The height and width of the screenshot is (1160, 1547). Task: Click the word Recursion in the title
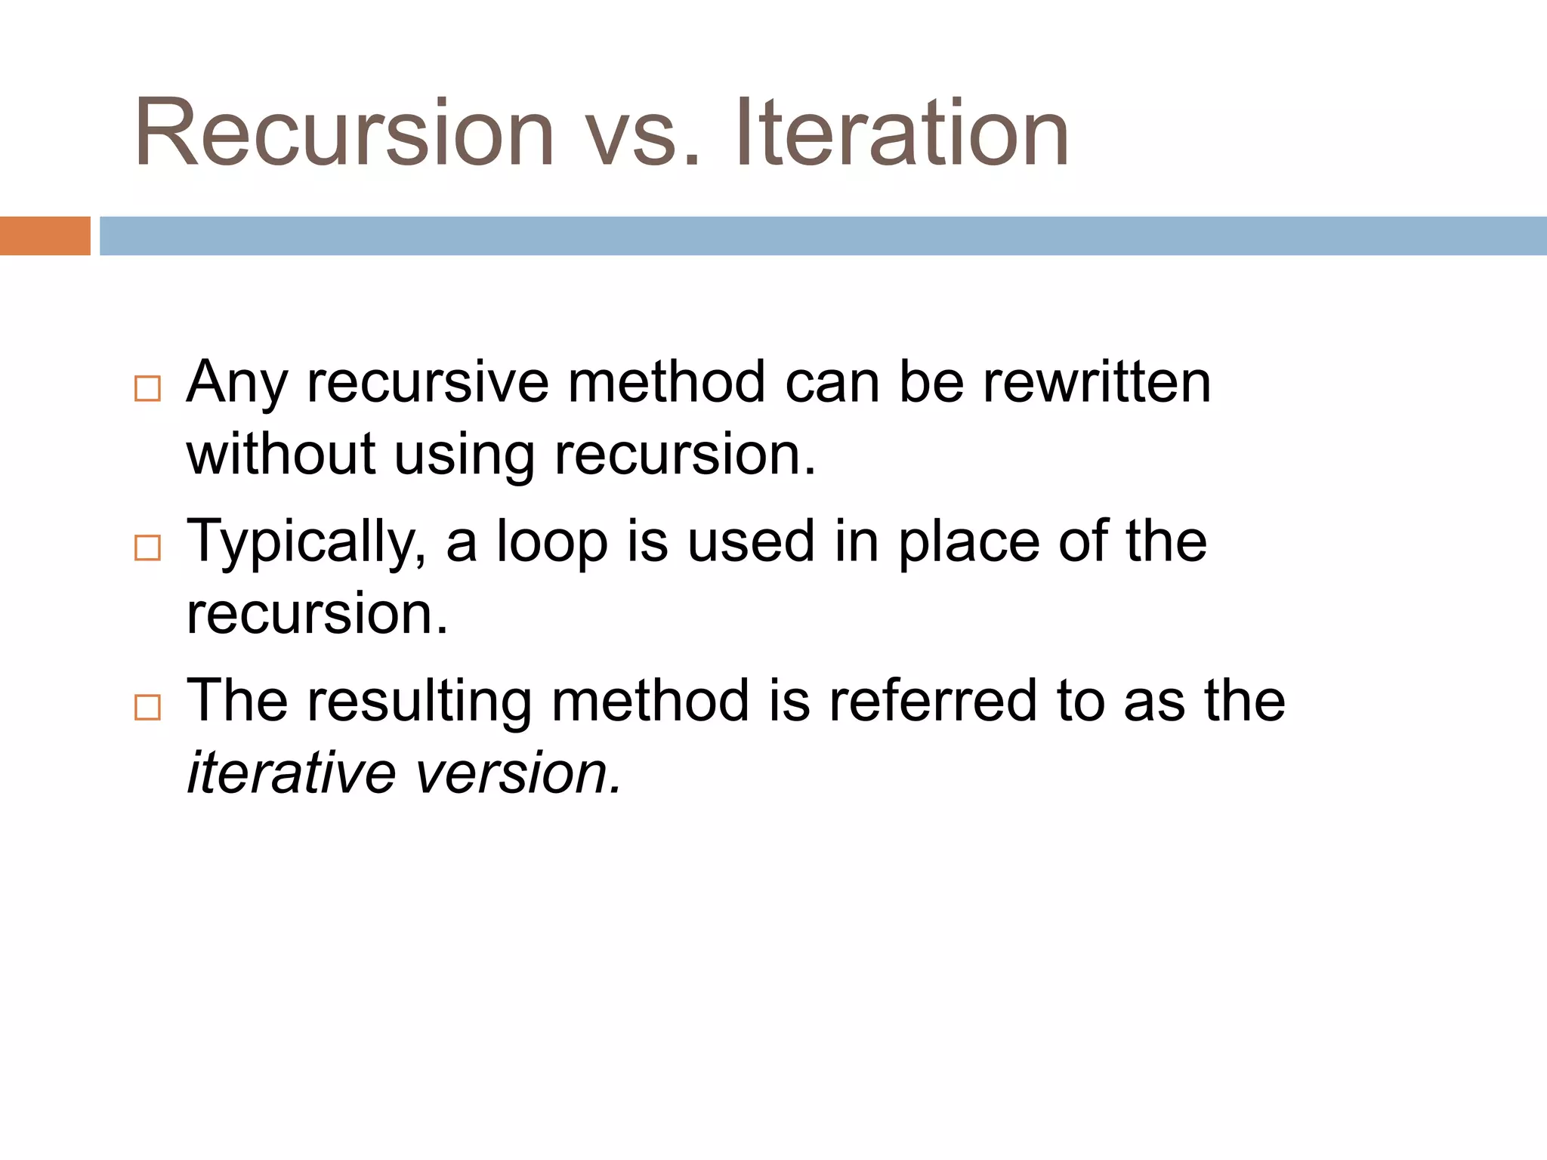(x=344, y=134)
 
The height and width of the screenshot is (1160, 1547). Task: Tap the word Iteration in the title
(x=902, y=134)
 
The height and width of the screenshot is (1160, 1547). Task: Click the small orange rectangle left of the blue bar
(x=45, y=236)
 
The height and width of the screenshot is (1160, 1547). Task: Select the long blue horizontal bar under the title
(x=823, y=236)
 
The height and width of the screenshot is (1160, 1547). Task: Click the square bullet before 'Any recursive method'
(x=147, y=388)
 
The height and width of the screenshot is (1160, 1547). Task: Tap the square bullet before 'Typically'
(x=147, y=548)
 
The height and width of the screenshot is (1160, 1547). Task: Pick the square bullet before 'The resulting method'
(x=147, y=707)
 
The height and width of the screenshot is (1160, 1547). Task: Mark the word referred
(x=933, y=701)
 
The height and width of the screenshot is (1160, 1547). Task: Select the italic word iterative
(x=292, y=773)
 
